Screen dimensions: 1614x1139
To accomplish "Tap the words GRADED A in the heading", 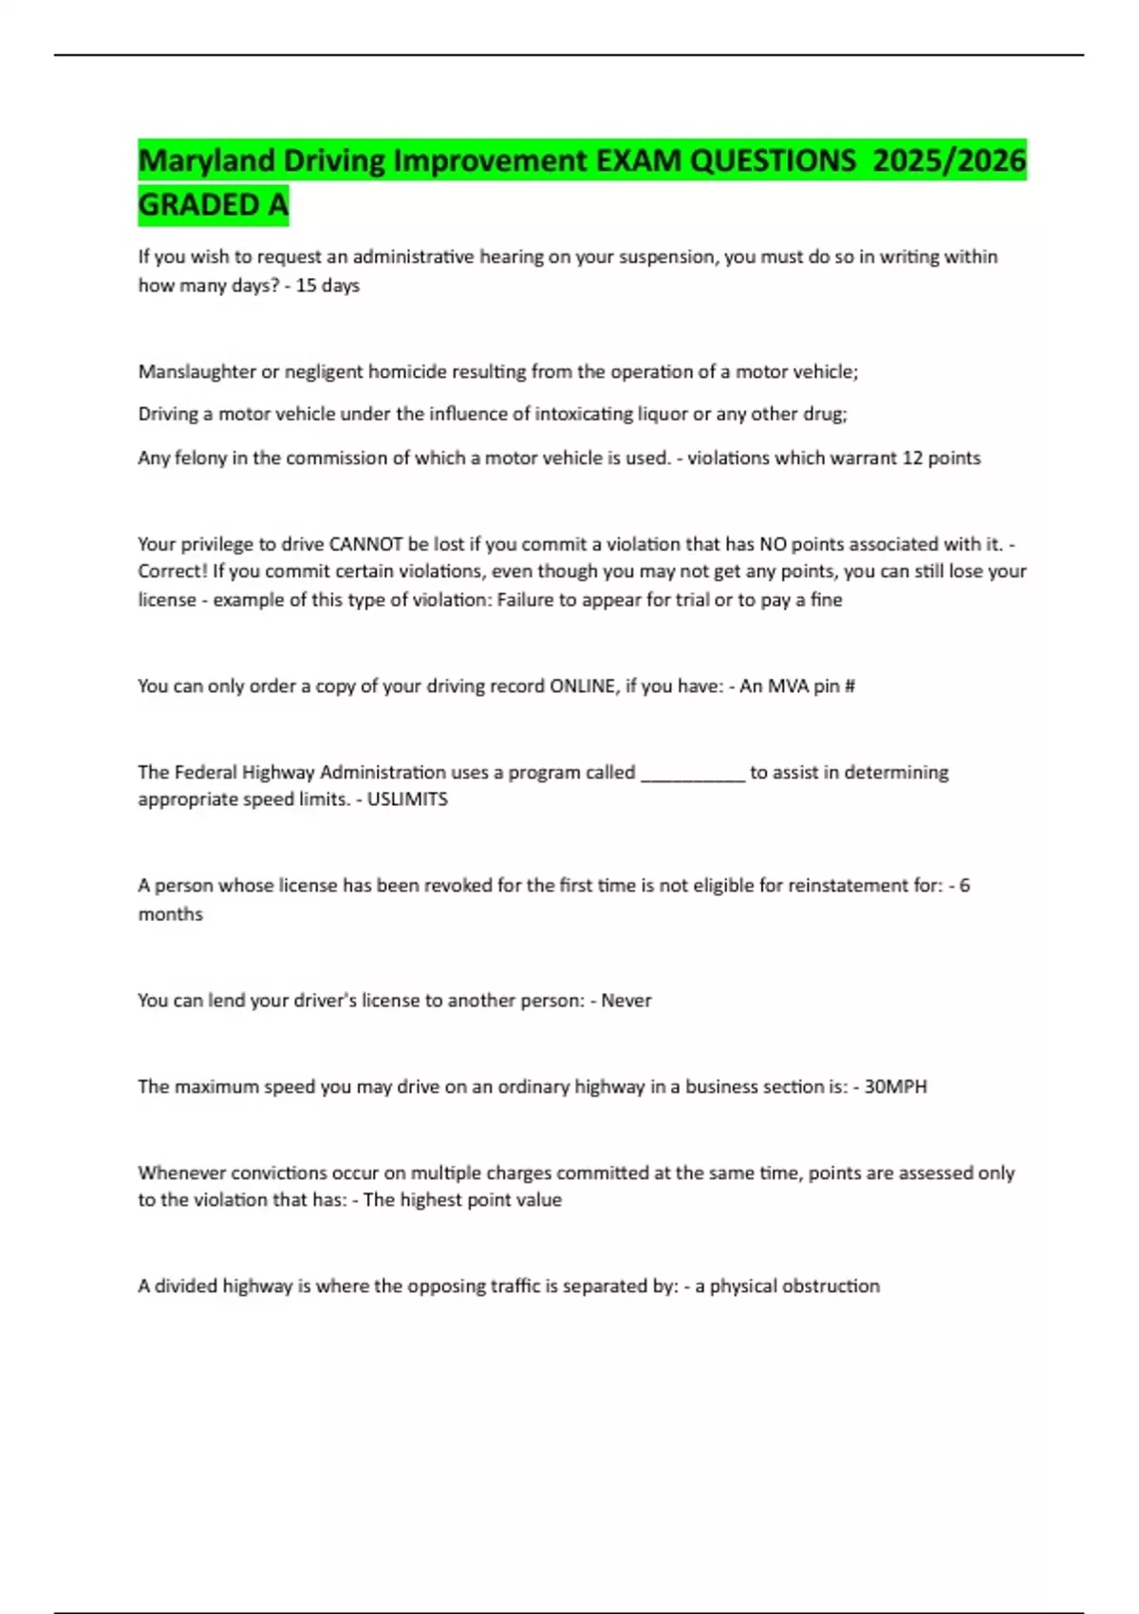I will coord(213,204).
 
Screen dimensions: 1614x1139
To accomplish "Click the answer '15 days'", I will coord(327,285).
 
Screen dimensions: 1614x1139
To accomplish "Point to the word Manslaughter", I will coord(196,371).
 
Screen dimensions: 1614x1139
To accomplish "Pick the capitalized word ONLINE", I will coord(582,685).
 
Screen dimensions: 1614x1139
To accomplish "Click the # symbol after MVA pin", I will coord(850,685).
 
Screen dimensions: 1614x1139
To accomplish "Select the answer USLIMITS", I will coord(407,798).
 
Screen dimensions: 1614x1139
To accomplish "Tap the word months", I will coord(171,913).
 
